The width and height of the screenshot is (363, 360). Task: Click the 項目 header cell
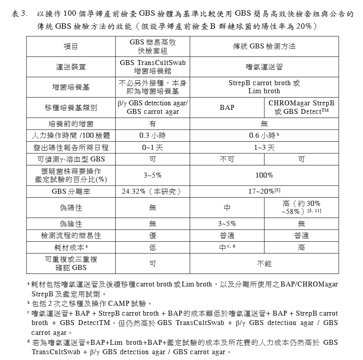pyautogui.click(x=71, y=47)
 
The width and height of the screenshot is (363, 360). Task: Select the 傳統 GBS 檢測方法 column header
pyautogui.click(x=264, y=47)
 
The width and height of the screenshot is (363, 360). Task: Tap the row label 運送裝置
pyautogui.click(x=71, y=67)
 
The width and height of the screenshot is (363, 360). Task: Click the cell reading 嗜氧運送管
pyautogui.click(x=264, y=67)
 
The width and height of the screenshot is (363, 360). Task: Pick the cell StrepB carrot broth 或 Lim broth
pyautogui.click(x=264, y=87)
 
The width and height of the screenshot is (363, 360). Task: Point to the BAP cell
pyautogui.click(x=227, y=108)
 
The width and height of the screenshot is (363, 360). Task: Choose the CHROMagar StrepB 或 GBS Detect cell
pyautogui.click(x=301, y=107)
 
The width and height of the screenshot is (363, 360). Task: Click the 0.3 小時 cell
pyautogui.click(x=152, y=135)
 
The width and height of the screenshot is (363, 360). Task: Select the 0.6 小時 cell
pyautogui.click(x=264, y=135)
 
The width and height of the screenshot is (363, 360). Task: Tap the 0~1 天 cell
pyautogui.click(x=152, y=147)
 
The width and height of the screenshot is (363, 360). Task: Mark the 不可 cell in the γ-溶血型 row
pyautogui.click(x=227, y=159)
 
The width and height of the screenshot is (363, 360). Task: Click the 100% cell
pyautogui.click(x=264, y=175)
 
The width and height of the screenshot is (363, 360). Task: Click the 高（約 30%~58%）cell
pyautogui.click(x=301, y=208)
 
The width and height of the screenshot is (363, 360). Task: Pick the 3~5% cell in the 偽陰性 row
pyautogui.click(x=227, y=224)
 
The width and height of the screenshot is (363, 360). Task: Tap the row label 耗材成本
pyautogui.click(x=71, y=247)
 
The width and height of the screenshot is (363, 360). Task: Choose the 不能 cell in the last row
pyautogui.click(x=264, y=264)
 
